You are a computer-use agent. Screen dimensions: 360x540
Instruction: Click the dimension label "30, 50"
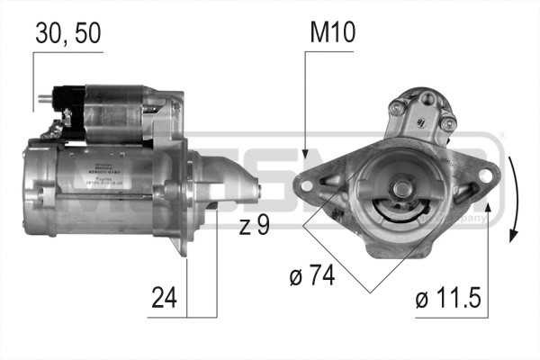pyautogui.click(x=67, y=33)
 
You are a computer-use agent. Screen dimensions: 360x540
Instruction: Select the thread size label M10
pyautogui.click(x=333, y=33)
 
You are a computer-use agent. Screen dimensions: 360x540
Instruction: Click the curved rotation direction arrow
pyautogui.click(x=512, y=199)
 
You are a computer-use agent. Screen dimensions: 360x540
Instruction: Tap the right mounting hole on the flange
pyautogui.click(x=469, y=191)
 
